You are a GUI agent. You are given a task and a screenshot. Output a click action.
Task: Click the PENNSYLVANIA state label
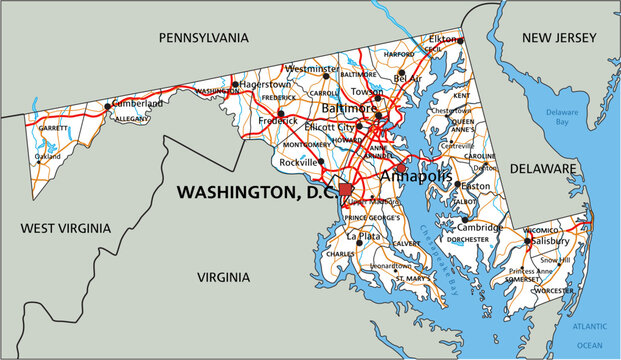pyautogui.click(x=204, y=37)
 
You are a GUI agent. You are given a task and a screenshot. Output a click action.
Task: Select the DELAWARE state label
pyautogui.click(x=543, y=169)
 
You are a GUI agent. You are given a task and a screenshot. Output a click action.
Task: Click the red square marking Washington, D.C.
pyautogui.click(x=346, y=189)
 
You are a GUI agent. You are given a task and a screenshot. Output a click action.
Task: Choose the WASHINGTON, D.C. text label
pyautogui.click(x=257, y=190)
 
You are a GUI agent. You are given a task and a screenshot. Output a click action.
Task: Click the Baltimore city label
pyautogui.click(x=348, y=107)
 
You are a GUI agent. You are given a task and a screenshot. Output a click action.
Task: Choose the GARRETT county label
pyautogui.click(x=54, y=127)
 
